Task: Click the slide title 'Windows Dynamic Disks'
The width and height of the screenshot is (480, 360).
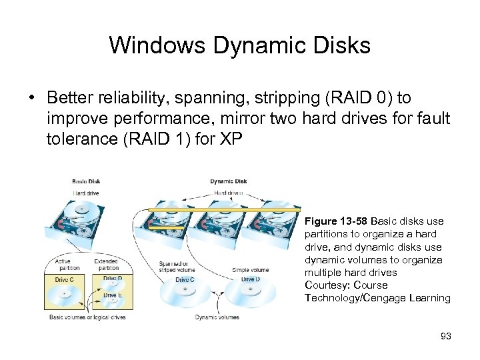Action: tap(239, 45)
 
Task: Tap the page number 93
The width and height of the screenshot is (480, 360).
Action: tap(445, 336)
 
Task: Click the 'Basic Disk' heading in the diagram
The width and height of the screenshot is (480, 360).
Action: tap(87, 181)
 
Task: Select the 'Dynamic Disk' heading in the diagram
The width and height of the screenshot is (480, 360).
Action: tap(228, 181)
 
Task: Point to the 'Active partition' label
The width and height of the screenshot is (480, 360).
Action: tap(65, 265)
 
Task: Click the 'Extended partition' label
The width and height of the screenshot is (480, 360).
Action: tap(106, 265)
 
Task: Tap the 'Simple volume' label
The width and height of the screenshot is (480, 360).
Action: tap(251, 269)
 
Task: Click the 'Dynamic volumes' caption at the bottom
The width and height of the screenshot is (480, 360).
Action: tap(216, 317)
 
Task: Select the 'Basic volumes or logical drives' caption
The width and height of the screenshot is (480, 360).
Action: tap(87, 317)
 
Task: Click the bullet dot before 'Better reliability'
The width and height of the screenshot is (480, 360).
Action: tap(32, 98)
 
